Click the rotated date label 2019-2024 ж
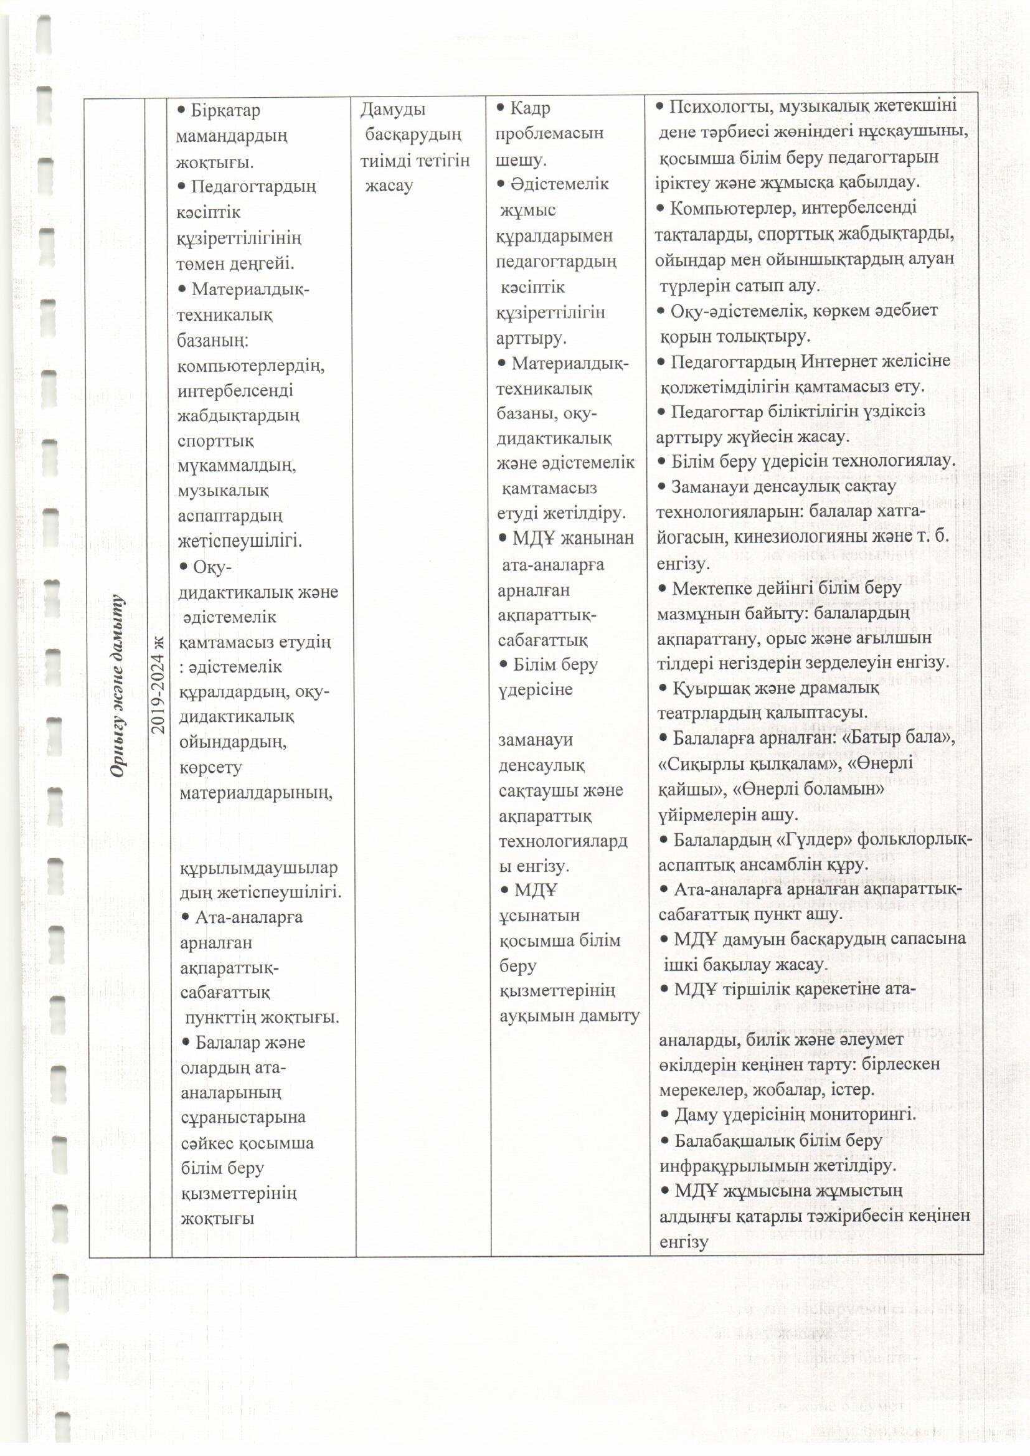[159, 686]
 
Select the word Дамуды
[392, 110]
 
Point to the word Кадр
[530, 108]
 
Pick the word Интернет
[831, 361]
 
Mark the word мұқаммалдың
[237, 465]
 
